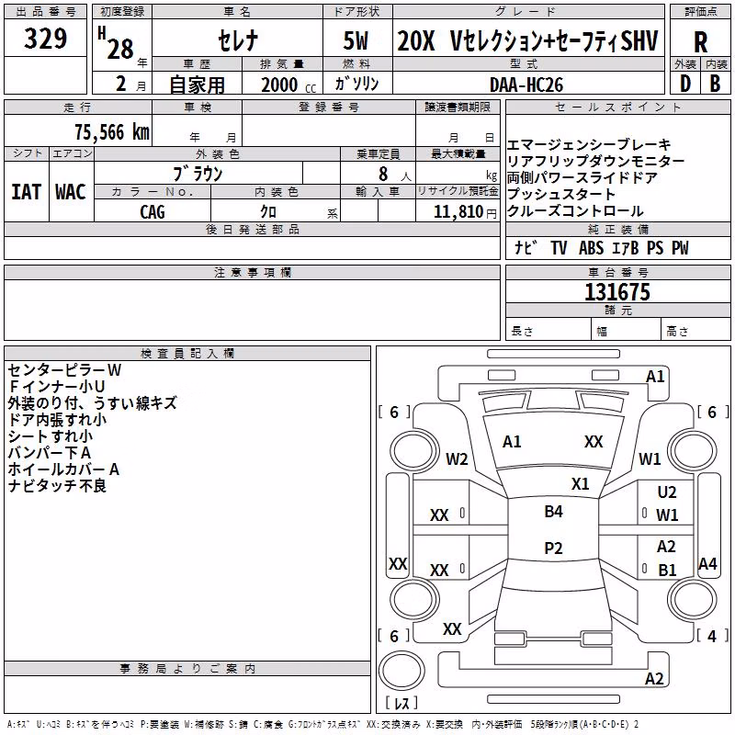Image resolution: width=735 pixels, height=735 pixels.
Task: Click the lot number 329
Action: (x=45, y=38)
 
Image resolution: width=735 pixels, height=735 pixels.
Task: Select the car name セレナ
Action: (x=238, y=40)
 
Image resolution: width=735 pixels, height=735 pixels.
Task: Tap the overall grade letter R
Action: (x=700, y=42)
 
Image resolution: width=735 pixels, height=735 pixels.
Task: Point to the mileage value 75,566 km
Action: (x=112, y=132)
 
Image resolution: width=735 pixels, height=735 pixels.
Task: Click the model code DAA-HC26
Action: (x=526, y=85)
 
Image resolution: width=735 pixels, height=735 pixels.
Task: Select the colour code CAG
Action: (x=153, y=212)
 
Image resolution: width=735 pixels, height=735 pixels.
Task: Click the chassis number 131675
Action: (x=617, y=292)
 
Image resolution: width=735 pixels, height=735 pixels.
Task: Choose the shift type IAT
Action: (x=27, y=192)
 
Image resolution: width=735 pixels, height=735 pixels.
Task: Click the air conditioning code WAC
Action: (x=71, y=192)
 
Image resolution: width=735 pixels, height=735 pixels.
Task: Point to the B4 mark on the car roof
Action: (x=554, y=512)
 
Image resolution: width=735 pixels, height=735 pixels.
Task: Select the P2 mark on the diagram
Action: (x=554, y=548)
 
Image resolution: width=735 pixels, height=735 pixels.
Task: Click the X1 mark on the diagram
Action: (x=581, y=484)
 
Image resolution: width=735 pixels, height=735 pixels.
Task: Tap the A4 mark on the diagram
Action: (x=707, y=563)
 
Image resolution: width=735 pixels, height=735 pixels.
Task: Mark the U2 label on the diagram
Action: (x=667, y=492)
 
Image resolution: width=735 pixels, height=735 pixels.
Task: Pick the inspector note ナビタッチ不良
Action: (x=57, y=486)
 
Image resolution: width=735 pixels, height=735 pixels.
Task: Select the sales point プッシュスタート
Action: (x=561, y=194)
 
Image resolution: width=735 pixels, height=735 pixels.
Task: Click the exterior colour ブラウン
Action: (x=198, y=174)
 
